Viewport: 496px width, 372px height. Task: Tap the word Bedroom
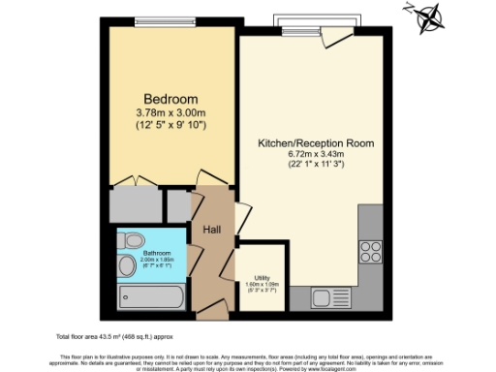[x=170, y=99]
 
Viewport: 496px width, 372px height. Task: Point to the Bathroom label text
[x=141, y=253]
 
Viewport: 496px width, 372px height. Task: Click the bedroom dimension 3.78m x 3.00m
[x=170, y=114]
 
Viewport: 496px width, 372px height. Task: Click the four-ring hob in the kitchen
[x=370, y=251]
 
